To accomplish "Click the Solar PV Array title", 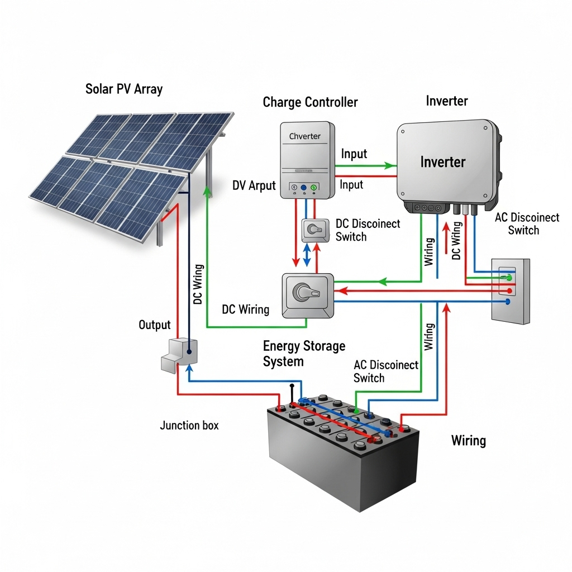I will (124, 89).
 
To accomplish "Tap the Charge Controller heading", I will (310, 102).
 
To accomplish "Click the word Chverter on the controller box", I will (305, 136).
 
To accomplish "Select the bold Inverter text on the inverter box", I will (442, 162).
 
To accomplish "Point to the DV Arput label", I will (254, 185).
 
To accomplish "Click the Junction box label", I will (189, 425).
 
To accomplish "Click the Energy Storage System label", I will (304, 354).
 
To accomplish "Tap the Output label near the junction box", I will (155, 325).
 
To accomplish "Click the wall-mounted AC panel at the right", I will (510, 290).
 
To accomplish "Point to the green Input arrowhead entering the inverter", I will (392, 165).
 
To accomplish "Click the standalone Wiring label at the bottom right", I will (468, 441).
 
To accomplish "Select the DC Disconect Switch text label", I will (368, 230).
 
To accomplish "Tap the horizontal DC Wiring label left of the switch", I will (246, 309).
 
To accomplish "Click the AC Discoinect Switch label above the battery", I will (385, 371).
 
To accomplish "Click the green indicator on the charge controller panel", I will (314, 188).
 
